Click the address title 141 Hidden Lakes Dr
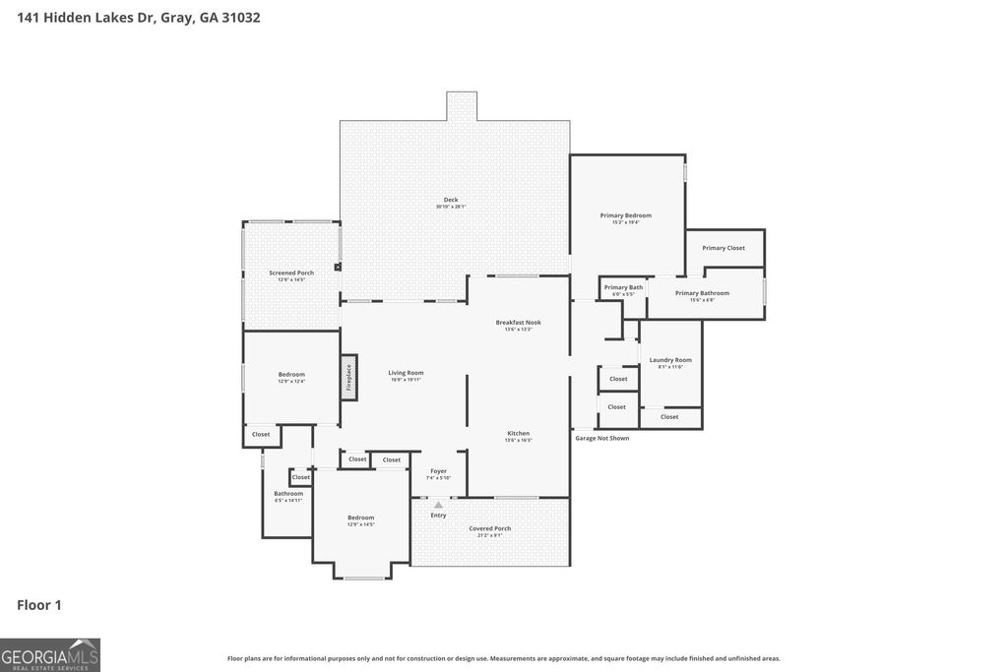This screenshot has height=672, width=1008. [x=139, y=18]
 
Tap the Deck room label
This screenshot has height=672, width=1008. [x=451, y=200]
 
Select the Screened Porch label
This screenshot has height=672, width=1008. [x=291, y=273]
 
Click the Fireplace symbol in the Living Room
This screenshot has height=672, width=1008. [x=347, y=378]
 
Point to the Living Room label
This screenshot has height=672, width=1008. [x=406, y=373]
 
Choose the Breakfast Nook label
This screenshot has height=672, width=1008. [x=518, y=323]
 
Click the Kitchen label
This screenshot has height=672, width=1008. [x=518, y=433]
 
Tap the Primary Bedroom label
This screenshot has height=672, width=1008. [x=626, y=215]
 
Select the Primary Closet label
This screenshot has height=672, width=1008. [x=724, y=248]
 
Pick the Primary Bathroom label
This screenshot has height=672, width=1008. [x=702, y=293]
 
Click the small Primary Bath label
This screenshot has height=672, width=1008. [x=623, y=287]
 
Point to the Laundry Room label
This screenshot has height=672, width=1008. [x=670, y=360]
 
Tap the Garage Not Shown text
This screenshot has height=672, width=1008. [x=601, y=438]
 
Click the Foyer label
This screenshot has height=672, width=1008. [x=438, y=471]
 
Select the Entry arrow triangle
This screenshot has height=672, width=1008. [x=438, y=505]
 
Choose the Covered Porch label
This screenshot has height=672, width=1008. [x=489, y=528]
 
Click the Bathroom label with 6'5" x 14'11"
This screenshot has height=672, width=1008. [x=288, y=494]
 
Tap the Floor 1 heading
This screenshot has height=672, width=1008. [x=39, y=605]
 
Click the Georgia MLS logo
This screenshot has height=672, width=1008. [x=50, y=654]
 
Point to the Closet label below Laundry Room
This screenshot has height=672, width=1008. [x=669, y=417]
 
